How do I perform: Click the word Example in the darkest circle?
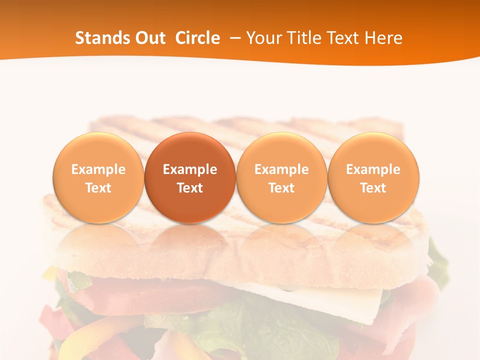[190, 169]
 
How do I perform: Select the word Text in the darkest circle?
[190, 188]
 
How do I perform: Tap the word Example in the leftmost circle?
[98, 169]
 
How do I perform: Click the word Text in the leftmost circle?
[98, 188]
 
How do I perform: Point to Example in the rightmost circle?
[373, 169]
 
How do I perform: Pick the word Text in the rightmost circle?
[373, 188]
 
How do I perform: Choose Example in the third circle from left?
[281, 169]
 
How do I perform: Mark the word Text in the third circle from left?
[281, 188]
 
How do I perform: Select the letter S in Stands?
[79, 38]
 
